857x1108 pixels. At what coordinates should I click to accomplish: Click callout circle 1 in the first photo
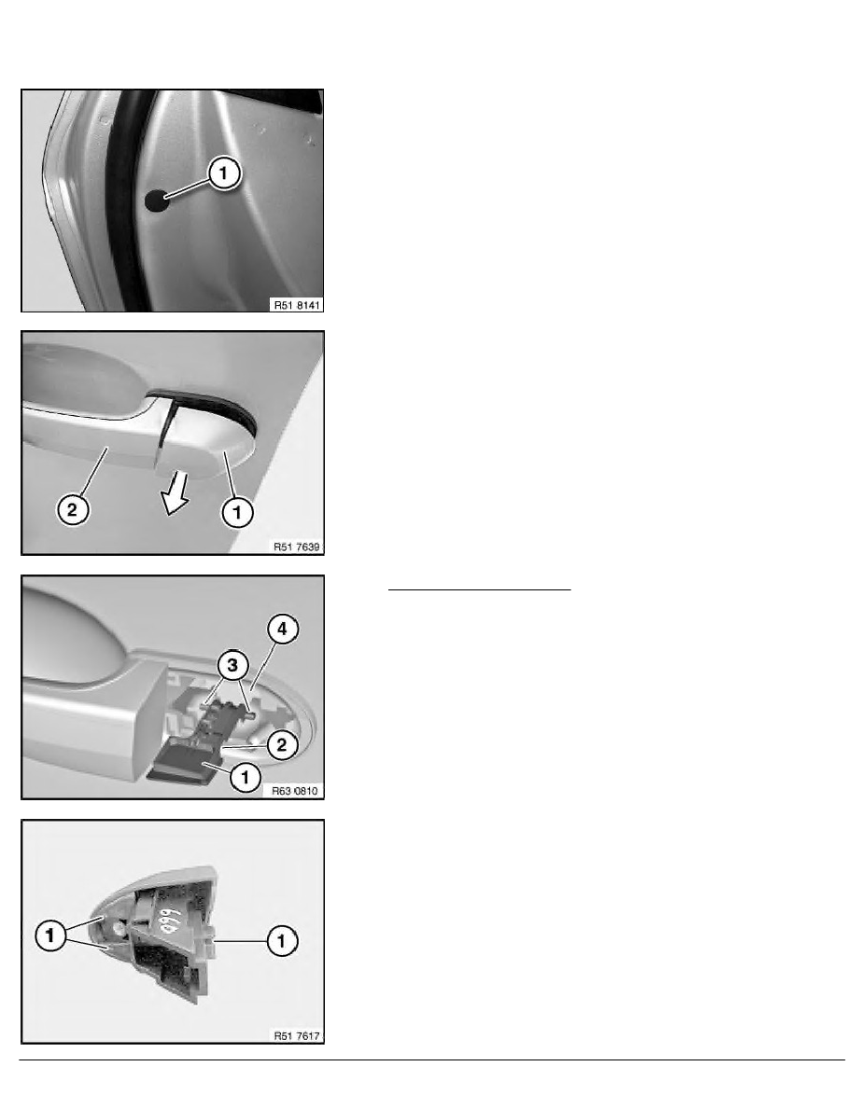coord(223,173)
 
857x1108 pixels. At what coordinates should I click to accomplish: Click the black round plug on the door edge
coord(156,201)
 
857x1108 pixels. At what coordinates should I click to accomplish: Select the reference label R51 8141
coord(297,305)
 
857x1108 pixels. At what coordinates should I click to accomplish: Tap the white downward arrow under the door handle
coord(175,493)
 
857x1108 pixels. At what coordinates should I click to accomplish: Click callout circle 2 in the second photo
coord(73,509)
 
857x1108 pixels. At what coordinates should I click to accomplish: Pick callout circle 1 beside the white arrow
coord(237,511)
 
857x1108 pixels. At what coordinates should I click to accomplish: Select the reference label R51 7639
coord(297,547)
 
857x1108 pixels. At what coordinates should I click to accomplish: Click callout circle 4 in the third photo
coord(282,629)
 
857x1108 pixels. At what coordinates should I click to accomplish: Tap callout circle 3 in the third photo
coord(232,664)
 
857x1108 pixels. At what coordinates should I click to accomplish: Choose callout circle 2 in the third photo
coord(281,744)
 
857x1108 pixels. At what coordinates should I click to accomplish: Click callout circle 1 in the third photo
coord(246,777)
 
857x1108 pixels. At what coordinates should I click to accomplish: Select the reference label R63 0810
coord(296,792)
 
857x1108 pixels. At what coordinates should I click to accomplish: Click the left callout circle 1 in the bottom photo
coord(49,935)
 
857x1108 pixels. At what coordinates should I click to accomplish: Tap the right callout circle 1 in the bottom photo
coord(281,940)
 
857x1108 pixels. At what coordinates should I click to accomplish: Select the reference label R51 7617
coord(297,1036)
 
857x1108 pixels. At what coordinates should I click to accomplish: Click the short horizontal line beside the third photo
coord(480,589)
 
